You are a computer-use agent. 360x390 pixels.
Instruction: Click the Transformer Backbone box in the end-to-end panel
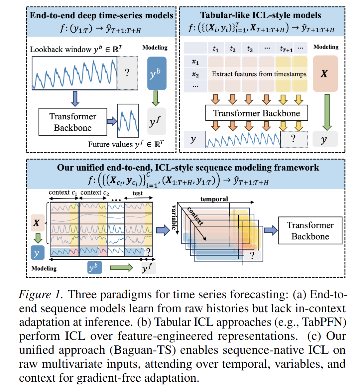(x=73, y=122)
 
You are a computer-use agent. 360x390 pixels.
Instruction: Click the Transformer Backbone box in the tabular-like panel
(x=257, y=113)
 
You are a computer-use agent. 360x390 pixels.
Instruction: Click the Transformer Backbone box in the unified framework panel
(x=310, y=231)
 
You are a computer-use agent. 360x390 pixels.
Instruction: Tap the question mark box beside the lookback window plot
(x=127, y=73)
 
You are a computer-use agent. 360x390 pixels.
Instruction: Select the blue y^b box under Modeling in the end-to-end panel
(x=157, y=73)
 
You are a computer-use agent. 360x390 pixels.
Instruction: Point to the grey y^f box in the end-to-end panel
(x=157, y=121)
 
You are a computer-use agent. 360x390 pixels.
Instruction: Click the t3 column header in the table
(x=250, y=48)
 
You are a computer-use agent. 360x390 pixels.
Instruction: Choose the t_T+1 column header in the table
(x=286, y=48)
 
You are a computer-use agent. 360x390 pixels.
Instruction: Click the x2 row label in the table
(x=195, y=74)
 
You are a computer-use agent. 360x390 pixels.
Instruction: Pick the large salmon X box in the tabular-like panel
(x=325, y=74)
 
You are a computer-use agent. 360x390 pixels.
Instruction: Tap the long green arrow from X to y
(x=327, y=112)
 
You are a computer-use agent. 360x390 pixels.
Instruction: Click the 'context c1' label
(x=63, y=193)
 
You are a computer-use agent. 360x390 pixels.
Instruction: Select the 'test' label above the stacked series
(x=138, y=193)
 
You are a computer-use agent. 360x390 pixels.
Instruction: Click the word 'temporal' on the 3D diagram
(x=214, y=199)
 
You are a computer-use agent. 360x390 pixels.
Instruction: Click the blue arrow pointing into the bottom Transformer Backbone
(x=271, y=230)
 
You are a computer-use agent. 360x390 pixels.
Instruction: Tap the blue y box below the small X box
(x=38, y=253)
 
